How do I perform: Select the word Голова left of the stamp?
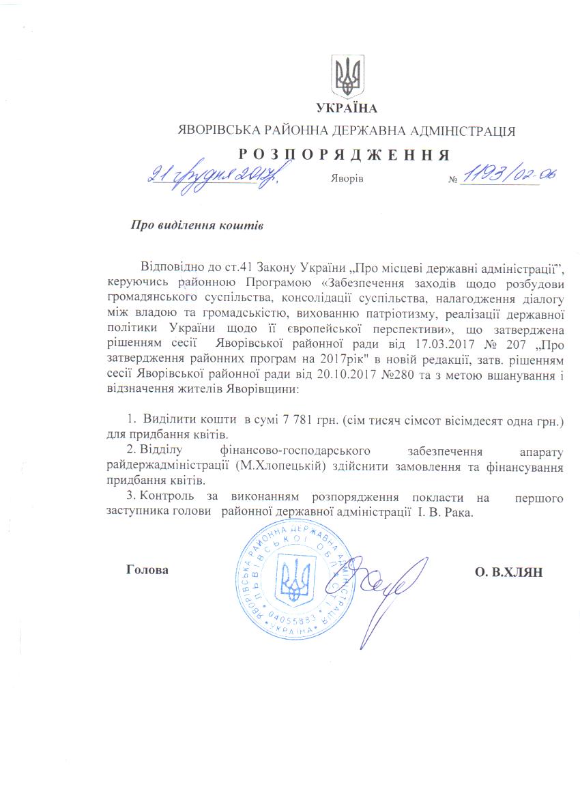pos(147,569)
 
